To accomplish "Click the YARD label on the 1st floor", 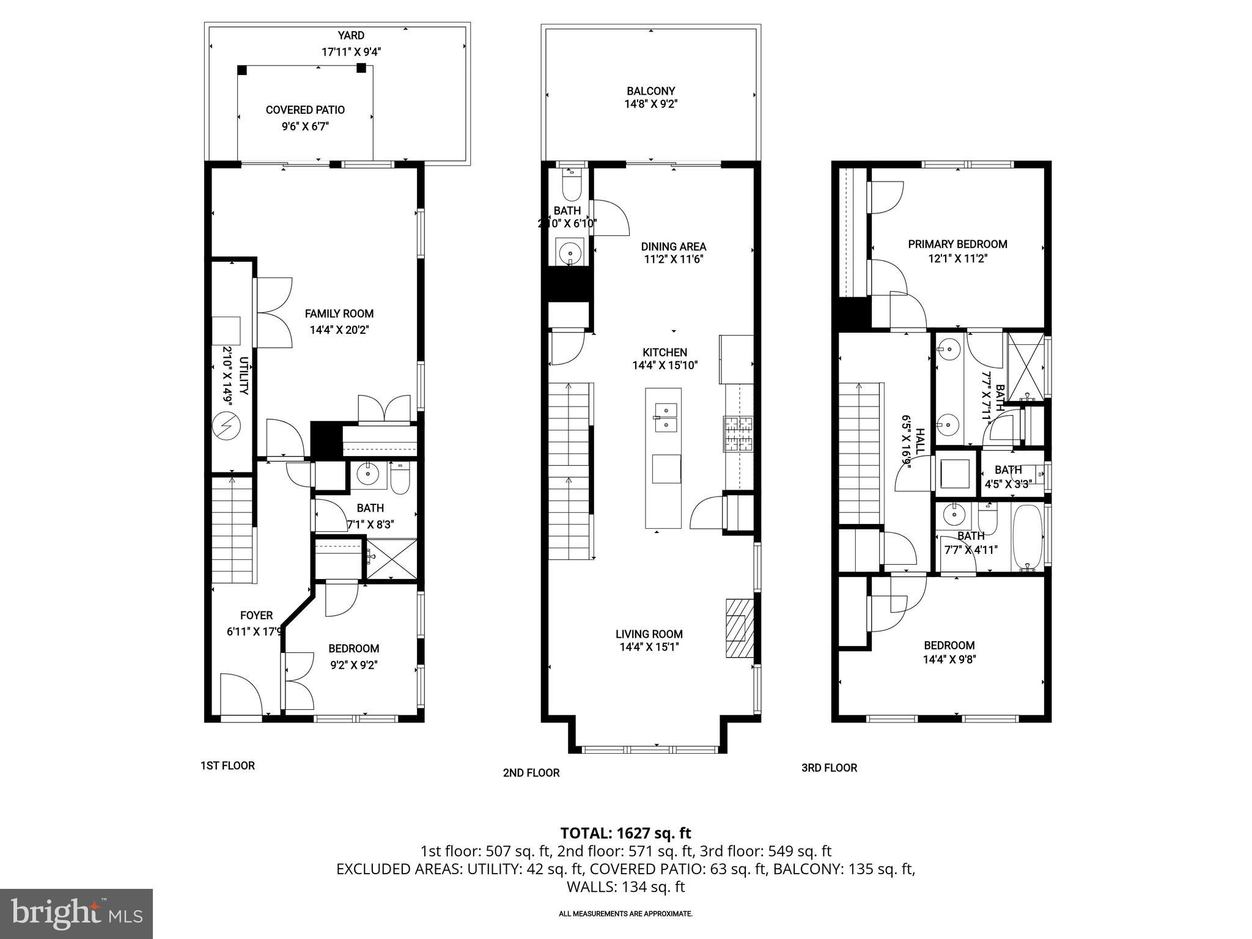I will [351, 36].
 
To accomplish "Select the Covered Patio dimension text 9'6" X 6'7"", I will [305, 127].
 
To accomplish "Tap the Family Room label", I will [339, 314].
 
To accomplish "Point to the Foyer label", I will [256, 616].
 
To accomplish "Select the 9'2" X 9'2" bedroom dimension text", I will [353, 665].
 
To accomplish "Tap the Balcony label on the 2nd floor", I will [650, 91].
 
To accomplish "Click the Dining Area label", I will [673, 246].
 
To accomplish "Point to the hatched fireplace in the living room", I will [739, 628].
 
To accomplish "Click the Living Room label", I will [649, 634].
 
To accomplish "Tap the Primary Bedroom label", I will [957, 244].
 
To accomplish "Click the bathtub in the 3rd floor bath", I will [1028, 537].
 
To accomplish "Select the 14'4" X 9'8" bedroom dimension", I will [949, 660].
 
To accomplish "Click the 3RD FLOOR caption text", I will [828, 768].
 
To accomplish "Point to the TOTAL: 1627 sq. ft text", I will [625, 833].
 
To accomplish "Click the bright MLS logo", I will [76, 913].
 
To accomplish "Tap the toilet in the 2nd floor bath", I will [572, 186].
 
